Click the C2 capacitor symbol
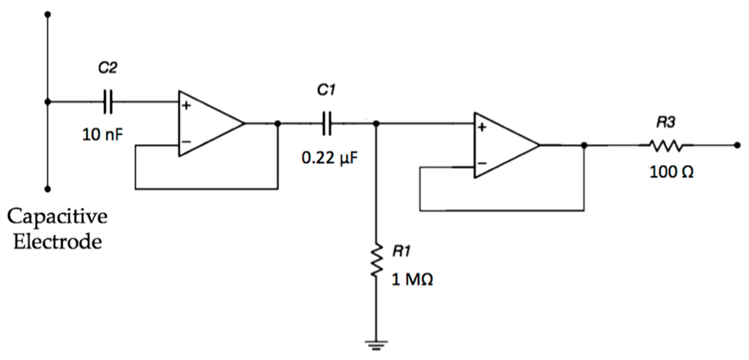[108, 102]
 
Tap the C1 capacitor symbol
[326, 124]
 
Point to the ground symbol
[376, 345]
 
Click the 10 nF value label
[102, 135]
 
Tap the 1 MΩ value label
[412, 280]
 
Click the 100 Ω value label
[671, 172]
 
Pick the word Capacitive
[57, 217]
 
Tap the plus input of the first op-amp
[186, 105]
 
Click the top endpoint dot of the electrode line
[48, 14]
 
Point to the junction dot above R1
[376, 124]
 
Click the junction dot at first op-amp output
[278, 124]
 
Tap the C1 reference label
[326, 91]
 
